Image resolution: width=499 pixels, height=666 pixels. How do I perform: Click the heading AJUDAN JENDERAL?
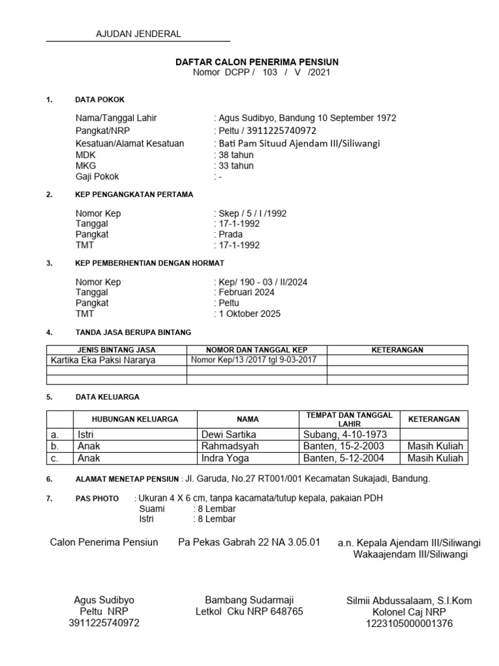coord(138,34)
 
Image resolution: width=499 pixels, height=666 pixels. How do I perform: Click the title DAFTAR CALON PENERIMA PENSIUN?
coord(257,62)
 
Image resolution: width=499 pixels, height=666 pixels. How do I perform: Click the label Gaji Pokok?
coord(97,176)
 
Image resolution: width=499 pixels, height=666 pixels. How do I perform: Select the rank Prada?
coord(231,234)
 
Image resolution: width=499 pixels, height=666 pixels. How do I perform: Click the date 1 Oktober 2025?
coord(249,313)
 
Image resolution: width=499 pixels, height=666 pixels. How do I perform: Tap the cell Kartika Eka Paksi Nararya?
coord(103,360)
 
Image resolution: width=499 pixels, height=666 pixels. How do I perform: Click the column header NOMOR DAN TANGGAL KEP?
coord(257,350)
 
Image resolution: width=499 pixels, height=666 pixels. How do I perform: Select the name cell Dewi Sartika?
coord(229,434)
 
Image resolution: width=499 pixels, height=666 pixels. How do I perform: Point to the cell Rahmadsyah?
coord(231,446)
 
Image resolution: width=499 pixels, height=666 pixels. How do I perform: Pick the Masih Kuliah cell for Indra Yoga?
coord(435,459)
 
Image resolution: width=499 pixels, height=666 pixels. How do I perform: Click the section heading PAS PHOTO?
coord(97,499)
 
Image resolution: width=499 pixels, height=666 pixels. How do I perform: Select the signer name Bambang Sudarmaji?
coord(249,600)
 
